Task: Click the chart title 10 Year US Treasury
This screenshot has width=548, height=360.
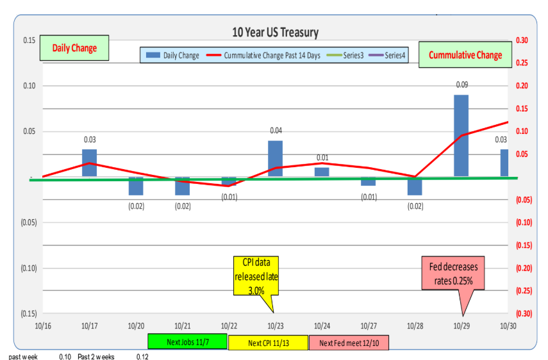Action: click(x=275, y=33)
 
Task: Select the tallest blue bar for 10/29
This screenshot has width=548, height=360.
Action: click(x=461, y=136)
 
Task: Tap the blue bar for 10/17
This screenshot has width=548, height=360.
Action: click(x=90, y=163)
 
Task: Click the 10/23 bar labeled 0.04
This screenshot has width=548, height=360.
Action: click(x=275, y=158)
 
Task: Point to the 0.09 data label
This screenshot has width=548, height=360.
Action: click(x=461, y=85)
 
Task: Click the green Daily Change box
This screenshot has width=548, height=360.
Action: click(x=74, y=48)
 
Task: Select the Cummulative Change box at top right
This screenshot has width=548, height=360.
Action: click(x=465, y=54)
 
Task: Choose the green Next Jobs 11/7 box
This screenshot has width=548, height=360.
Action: click(x=187, y=342)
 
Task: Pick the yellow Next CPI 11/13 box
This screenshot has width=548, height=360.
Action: click(x=268, y=343)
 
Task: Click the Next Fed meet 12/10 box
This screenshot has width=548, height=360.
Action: click(x=349, y=343)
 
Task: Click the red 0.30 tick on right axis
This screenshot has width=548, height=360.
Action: click(x=521, y=40)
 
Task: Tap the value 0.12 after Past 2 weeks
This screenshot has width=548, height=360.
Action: click(x=142, y=356)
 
